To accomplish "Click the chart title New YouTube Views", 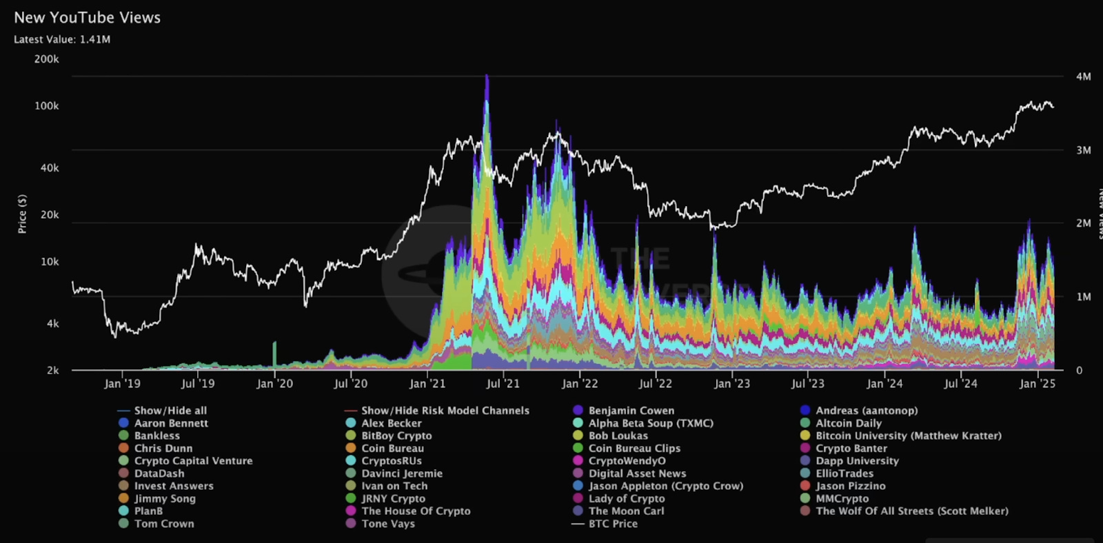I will pyautogui.click(x=87, y=18).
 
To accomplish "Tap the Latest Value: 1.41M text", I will pyautogui.click(x=62, y=39).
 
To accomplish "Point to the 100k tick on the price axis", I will pyautogui.click(x=47, y=106).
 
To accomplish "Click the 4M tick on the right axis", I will pyautogui.click(x=1083, y=76).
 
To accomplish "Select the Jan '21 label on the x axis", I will pyautogui.click(x=427, y=384).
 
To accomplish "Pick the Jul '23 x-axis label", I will pyautogui.click(x=807, y=384).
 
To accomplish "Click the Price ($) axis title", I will pyautogui.click(x=23, y=214).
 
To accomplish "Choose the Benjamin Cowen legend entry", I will pyautogui.click(x=631, y=411).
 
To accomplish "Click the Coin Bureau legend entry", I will pyautogui.click(x=392, y=449).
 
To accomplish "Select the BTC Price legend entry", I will pyautogui.click(x=612, y=524).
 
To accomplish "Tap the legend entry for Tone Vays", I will pyautogui.click(x=388, y=524).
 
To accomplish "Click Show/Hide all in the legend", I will pyautogui.click(x=170, y=411).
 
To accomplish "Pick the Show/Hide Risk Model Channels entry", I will pyautogui.click(x=445, y=411).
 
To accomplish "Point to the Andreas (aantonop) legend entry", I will pyautogui.click(x=867, y=411).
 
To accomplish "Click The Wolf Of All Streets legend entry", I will pyautogui.click(x=911, y=511).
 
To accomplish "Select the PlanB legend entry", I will pyautogui.click(x=148, y=511).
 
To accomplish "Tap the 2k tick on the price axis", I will pyautogui.click(x=53, y=371).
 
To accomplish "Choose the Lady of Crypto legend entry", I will pyautogui.click(x=626, y=499).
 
